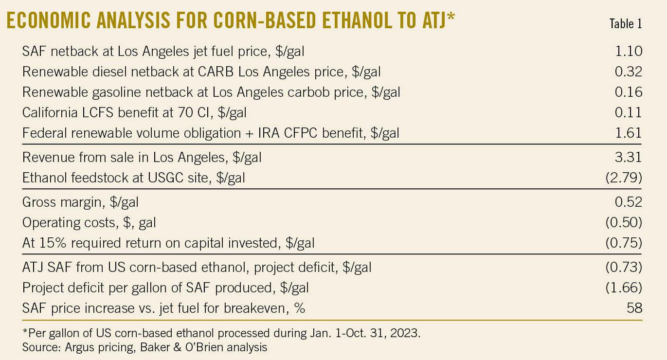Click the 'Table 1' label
point(625,24)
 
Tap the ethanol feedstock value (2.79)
point(624,178)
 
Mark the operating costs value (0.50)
point(624,222)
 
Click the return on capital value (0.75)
point(624,243)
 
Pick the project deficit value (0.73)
point(624,267)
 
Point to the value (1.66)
point(624,288)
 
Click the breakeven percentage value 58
point(634,308)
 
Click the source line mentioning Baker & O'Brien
point(144,347)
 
